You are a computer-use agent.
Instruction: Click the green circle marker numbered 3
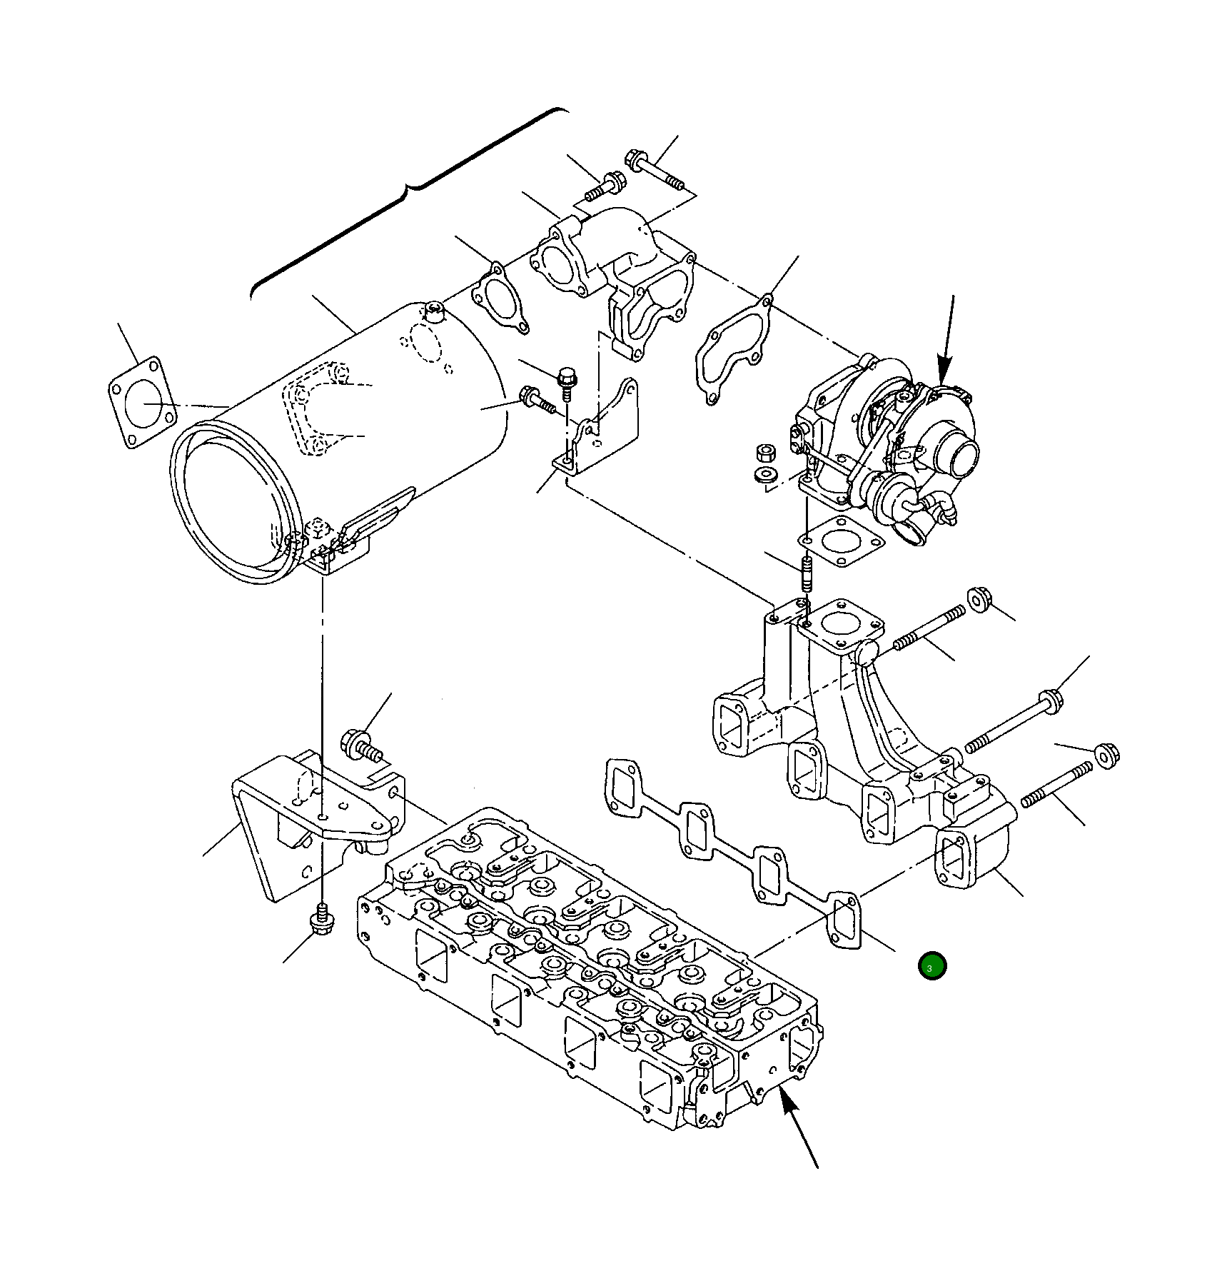click(931, 966)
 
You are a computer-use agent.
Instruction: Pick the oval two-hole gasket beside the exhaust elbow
click(500, 298)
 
